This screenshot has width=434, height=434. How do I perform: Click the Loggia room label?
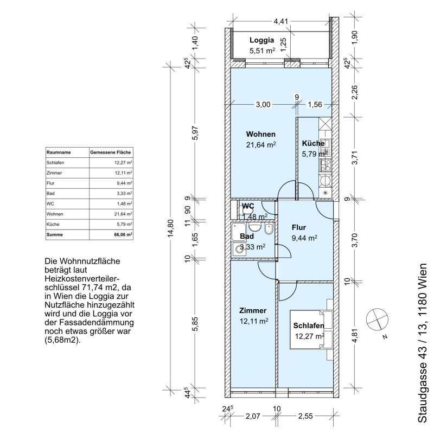point(262,40)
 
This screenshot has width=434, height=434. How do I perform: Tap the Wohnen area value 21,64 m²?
point(261,145)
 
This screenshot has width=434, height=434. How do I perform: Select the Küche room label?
point(314,143)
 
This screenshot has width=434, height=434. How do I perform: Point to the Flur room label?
point(299,227)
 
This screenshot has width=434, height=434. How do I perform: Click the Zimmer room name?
point(253,310)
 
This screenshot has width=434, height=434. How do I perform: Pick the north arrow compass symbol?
point(377,320)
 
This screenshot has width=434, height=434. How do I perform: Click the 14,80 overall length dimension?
point(171,228)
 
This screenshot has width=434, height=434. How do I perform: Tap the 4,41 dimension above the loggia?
point(281,21)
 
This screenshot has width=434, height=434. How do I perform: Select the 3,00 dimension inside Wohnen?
point(263,104)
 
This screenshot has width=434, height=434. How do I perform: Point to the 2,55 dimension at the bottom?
point(305,416)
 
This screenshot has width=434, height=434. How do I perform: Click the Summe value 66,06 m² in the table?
point(123,234)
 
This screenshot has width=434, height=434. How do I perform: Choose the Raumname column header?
point(59,152)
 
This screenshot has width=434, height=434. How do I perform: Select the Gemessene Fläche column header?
point(111,152)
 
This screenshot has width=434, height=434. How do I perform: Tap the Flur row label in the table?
point(50,183)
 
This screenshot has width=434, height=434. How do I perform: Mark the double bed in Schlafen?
point(307,330)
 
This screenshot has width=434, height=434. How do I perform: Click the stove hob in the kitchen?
point(325,165)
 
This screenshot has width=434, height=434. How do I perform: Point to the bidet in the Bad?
point(269,228)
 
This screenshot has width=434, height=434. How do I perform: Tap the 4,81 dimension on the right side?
point(355,335)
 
